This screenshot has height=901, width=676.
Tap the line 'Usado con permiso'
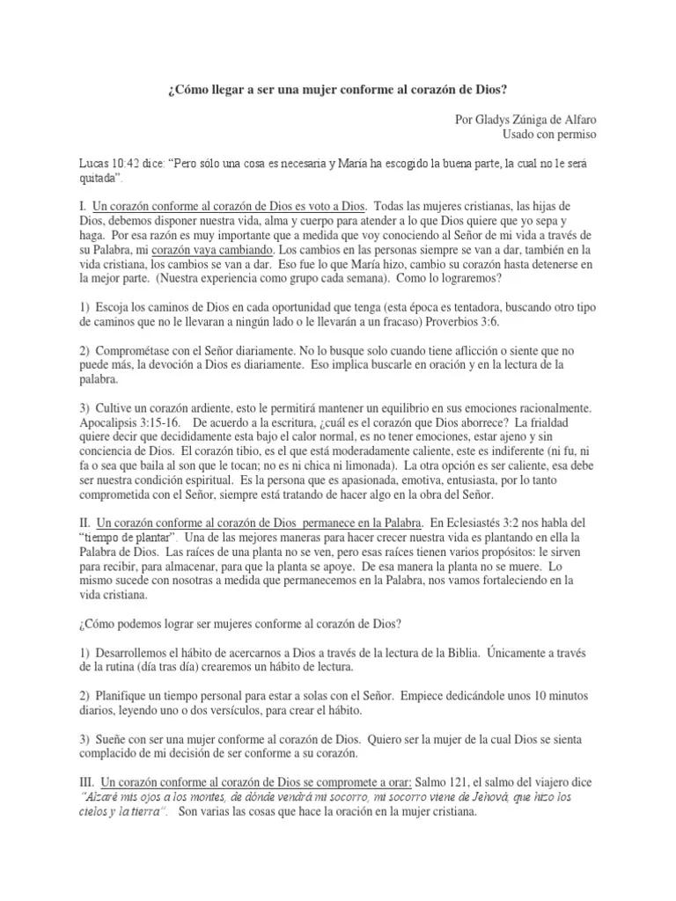(548, 135)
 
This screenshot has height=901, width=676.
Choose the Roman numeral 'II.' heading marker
(84, 522)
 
